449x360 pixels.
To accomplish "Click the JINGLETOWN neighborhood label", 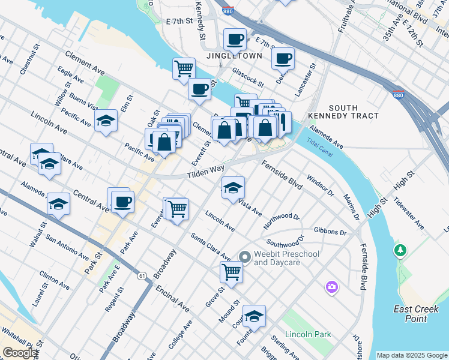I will [x=234, y=56].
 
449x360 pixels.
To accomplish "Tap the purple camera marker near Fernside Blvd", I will [x=332, y=288].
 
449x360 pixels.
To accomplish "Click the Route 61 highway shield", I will [x=142, y=275].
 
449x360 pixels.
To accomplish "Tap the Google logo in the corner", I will [x=20, y=353].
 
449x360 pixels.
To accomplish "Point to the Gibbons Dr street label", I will [x=330, y=232].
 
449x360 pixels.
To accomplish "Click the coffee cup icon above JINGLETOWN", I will [x=235, y=40].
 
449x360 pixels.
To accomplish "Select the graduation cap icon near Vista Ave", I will [x=233, y=188].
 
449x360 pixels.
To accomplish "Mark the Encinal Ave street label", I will [x=172, y=298].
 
